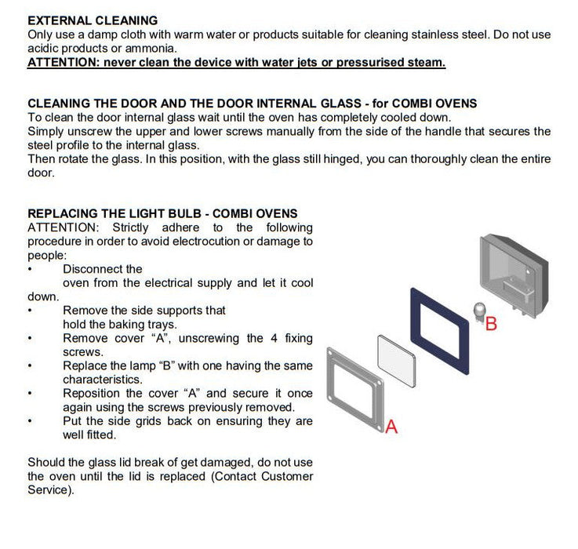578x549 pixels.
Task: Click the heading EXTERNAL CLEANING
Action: (92, 20)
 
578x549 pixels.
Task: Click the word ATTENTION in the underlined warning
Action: (62, 62)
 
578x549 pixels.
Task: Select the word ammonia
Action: (157, 49)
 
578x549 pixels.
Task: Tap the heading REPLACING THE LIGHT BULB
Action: (162, 213)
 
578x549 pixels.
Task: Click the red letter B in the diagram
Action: (492, 322)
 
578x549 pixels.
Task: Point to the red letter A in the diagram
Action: (392, 427)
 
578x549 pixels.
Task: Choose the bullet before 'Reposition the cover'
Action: (30, 394)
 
